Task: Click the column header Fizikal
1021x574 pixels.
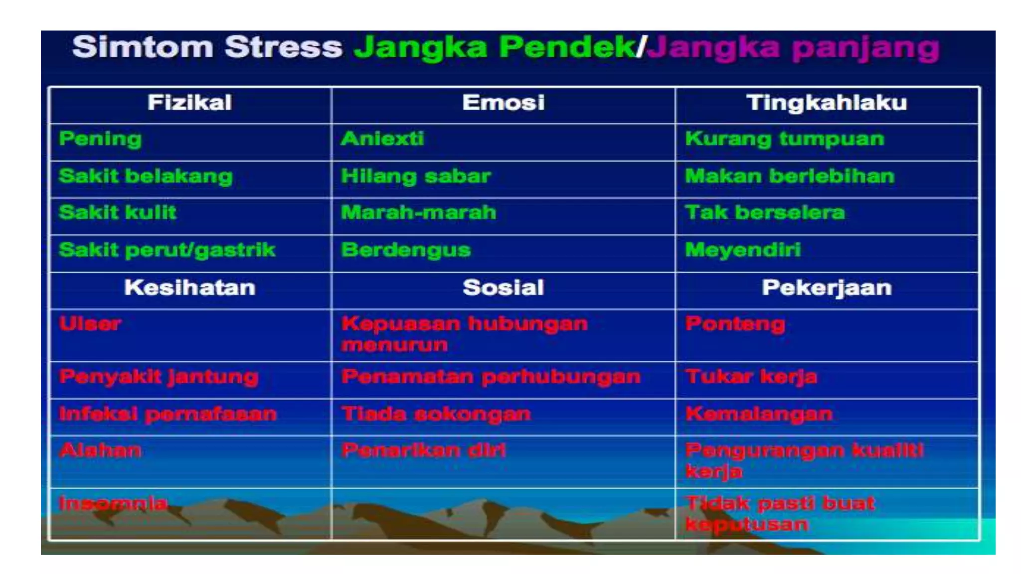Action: point(189,103)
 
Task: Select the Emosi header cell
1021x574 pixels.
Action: point(503,103)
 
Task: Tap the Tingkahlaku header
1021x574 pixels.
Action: point(827,103)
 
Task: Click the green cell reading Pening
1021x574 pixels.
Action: point(100,139)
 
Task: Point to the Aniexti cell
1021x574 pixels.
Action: point(382,139)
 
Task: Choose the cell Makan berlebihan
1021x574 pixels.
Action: point(790,176)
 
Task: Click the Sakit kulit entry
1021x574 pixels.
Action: point(118,213)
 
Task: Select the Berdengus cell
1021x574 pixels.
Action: point(406,250)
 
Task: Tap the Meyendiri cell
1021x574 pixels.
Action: point(743,250)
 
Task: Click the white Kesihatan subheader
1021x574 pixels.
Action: point(189,288)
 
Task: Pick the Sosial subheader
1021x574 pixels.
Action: point(503,288)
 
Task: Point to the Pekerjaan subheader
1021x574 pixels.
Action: point(827,288)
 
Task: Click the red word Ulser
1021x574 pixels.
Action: point(90,324)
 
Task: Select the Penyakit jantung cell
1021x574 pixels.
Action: point(159,377)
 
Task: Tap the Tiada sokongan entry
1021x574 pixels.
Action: point(436,414)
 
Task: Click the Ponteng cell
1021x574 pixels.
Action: point(735,324)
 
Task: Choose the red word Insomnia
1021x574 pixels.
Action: point(113,503)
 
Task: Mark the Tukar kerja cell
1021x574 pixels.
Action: point(751,377)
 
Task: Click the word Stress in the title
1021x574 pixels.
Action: point(283,47)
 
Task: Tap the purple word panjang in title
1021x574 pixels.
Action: point(865,49)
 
